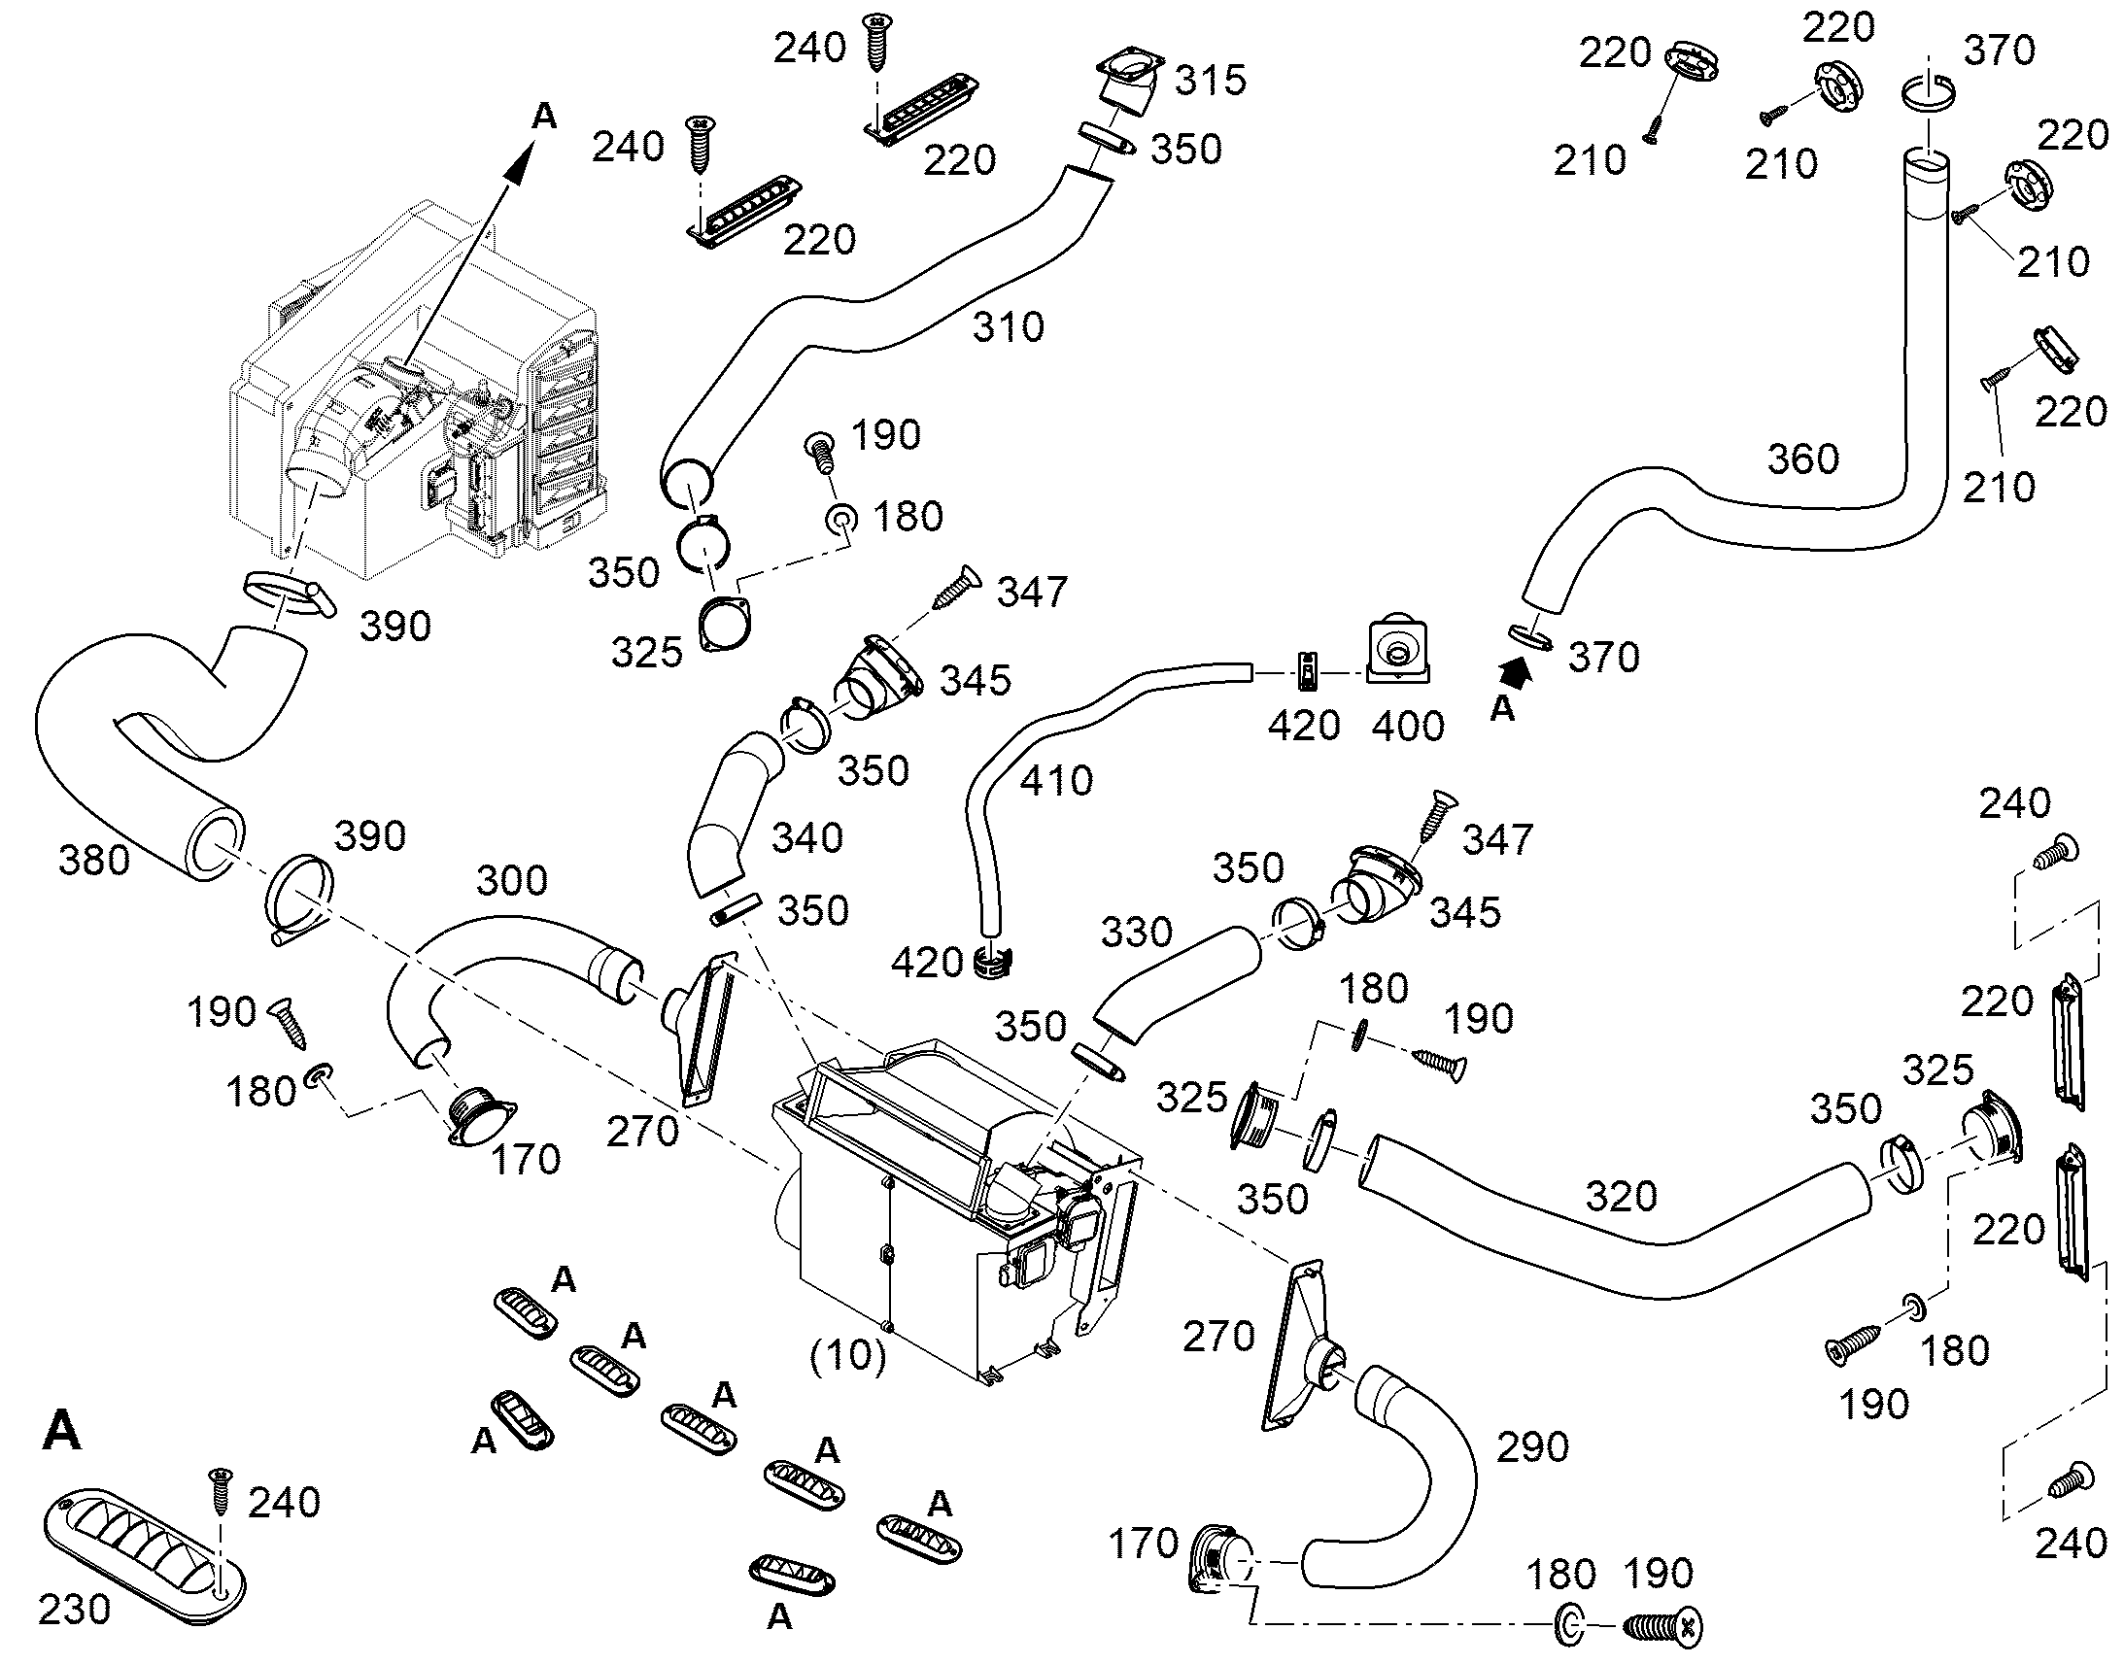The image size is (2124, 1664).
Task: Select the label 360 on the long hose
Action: (1803, 458)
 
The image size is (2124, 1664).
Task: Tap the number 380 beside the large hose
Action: (93, 860)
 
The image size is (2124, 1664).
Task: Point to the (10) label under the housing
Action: (847, 1355)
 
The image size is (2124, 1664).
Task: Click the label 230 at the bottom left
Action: (74, 1610)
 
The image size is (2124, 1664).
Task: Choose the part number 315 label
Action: (1210, 80)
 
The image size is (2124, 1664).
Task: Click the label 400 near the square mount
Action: (1408, 726)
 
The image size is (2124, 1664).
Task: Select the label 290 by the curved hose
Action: (1532, 1447)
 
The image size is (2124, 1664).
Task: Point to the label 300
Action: (511, 881)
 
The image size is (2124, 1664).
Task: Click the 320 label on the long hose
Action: (1622, 1197)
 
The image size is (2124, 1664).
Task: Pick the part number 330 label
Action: (1136, 933)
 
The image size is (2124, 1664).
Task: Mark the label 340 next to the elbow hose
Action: (807, 838)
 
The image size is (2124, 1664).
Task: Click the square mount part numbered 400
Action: (1399, 646)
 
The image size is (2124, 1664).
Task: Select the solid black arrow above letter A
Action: (1516, 670)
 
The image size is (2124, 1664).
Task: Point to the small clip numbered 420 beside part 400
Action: (1309, 670)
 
